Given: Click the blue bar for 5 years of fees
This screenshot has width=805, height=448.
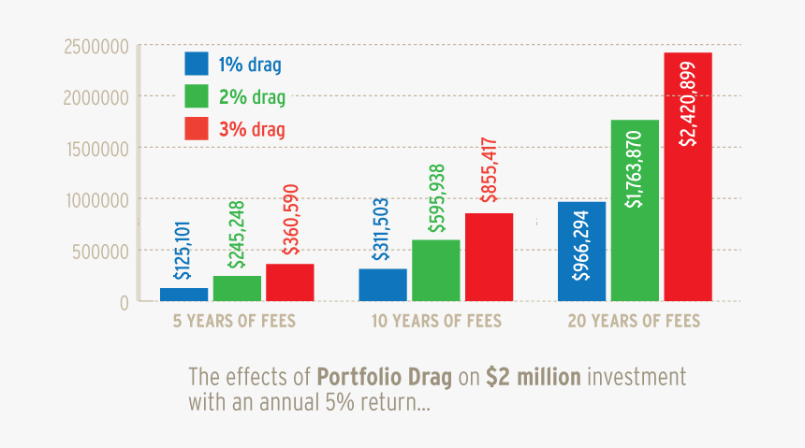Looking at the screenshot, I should (183, 294).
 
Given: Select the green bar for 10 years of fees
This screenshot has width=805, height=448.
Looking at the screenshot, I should (435, 270).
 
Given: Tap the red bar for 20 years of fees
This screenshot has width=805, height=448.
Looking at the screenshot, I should (688, 177).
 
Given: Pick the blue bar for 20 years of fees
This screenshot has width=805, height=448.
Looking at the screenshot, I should (581, 251).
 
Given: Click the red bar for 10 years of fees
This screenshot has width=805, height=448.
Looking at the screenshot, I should (489, 257).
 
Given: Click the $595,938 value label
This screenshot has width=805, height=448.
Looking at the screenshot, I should (435, 198).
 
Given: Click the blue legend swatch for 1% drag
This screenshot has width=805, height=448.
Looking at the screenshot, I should (197, 64).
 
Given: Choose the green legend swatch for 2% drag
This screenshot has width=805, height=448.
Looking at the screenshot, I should (197, 96).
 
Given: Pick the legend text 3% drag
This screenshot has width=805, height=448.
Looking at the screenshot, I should (252, 129).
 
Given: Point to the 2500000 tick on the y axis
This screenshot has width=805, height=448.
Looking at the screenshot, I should (95, 45).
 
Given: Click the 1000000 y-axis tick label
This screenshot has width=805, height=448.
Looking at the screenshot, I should (95, 198).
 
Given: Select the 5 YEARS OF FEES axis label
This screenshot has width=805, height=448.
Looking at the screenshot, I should (234, 322).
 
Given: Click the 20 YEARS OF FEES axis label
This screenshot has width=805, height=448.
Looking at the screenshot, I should (634, 322).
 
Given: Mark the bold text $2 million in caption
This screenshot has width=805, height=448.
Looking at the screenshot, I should (534, 378).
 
